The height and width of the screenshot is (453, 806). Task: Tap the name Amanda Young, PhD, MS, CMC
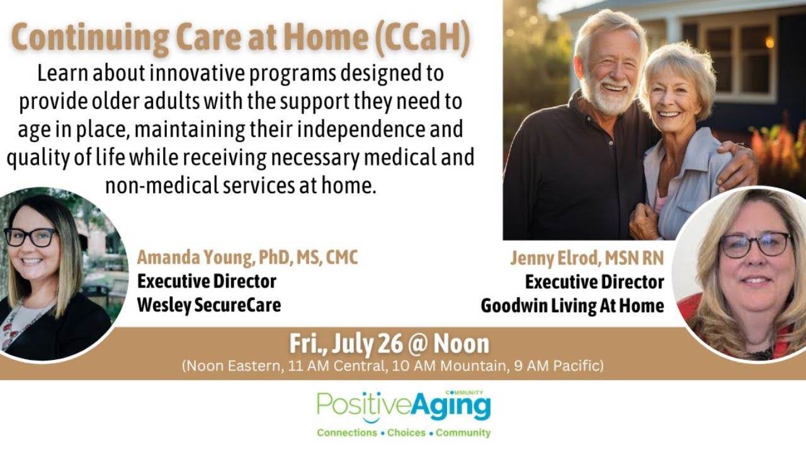pos(247,258)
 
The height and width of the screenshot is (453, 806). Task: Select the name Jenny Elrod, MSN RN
pos(587,258)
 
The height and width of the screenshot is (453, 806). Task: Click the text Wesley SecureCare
pos(209,305)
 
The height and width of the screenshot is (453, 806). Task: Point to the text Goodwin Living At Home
pos(572,306)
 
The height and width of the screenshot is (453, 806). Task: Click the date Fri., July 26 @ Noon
pos(389,344)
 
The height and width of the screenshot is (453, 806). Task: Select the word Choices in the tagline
pos(406,433)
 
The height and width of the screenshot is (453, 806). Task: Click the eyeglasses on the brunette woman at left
pos(30,237)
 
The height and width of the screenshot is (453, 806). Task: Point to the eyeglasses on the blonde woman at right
pos(754,244)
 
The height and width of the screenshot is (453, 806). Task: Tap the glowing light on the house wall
pos(769,42)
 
